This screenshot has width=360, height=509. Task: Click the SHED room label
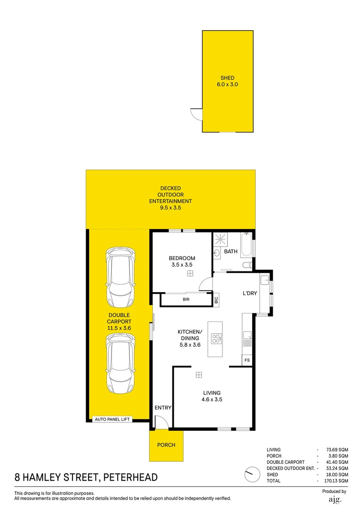227,78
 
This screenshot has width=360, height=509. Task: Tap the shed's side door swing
195,114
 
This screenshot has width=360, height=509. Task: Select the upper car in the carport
121,276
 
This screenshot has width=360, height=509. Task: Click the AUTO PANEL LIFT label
112,419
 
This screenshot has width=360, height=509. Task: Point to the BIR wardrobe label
186,299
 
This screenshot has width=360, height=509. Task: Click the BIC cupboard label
216,299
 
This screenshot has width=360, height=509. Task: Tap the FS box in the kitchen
246,361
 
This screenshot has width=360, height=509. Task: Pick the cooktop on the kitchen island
217,337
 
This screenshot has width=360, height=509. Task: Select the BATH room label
231,252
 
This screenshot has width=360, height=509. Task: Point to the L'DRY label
250,294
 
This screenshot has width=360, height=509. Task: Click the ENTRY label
163,408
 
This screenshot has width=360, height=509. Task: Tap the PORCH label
166,445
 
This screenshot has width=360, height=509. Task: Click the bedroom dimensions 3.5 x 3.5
182,265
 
